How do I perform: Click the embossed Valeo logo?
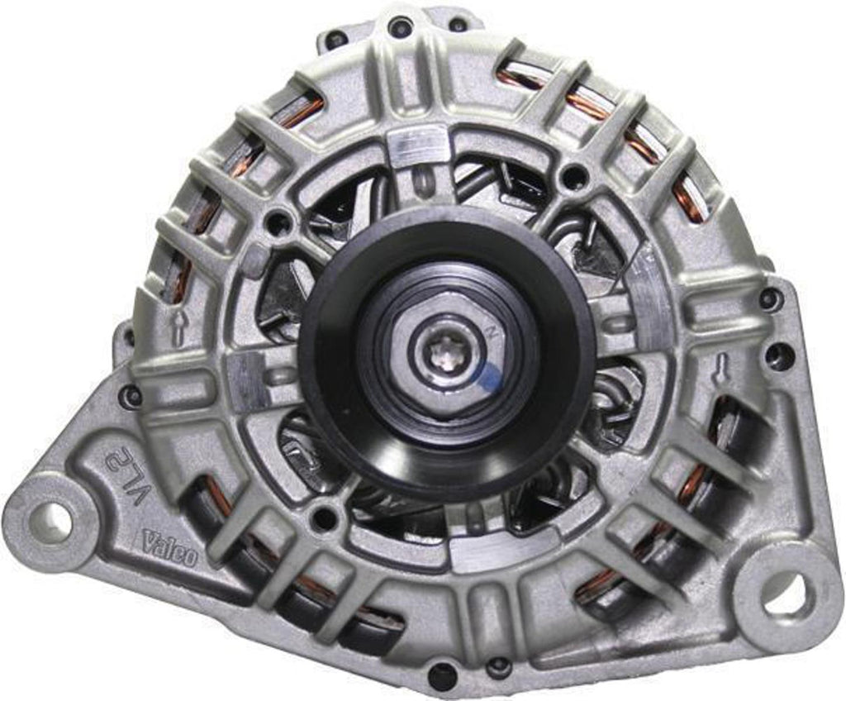click(170, 548)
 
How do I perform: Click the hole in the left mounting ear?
click(50, 521)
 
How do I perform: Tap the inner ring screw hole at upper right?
click(573, 176)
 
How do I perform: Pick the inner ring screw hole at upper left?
click(279, 222)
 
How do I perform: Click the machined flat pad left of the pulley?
click(247, 381)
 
